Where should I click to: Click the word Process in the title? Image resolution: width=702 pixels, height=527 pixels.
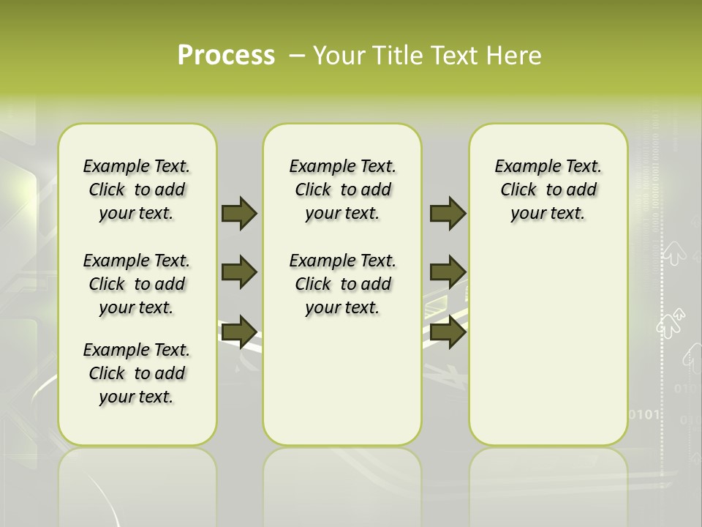[226, 55]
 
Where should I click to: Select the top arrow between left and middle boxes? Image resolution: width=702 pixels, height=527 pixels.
[238, 214]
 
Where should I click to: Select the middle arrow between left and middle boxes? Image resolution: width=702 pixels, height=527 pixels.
[238, 272]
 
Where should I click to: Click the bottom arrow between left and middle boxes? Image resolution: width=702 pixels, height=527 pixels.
[238, 332]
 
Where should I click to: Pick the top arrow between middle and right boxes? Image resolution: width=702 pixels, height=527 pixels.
[448, 214]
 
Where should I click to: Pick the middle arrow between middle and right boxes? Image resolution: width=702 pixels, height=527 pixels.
[448, 272]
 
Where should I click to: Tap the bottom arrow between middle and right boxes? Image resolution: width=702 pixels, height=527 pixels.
[448, 332]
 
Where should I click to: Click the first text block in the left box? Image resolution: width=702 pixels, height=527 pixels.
[137, 190]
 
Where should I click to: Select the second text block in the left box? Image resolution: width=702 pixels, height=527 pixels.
[137, 284]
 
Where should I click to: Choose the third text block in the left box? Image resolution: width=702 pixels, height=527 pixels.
[137, 373]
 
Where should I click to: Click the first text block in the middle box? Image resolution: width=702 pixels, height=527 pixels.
[342, 190]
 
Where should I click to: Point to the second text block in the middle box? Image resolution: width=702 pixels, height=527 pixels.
[342, 284]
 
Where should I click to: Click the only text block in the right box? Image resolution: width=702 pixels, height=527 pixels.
[548, 190]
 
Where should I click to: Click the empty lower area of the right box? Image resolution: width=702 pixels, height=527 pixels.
[548, 351]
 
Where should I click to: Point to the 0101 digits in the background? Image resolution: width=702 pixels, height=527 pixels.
[646, 414]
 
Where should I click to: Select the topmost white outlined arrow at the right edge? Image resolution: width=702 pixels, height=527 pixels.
[673, 255]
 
